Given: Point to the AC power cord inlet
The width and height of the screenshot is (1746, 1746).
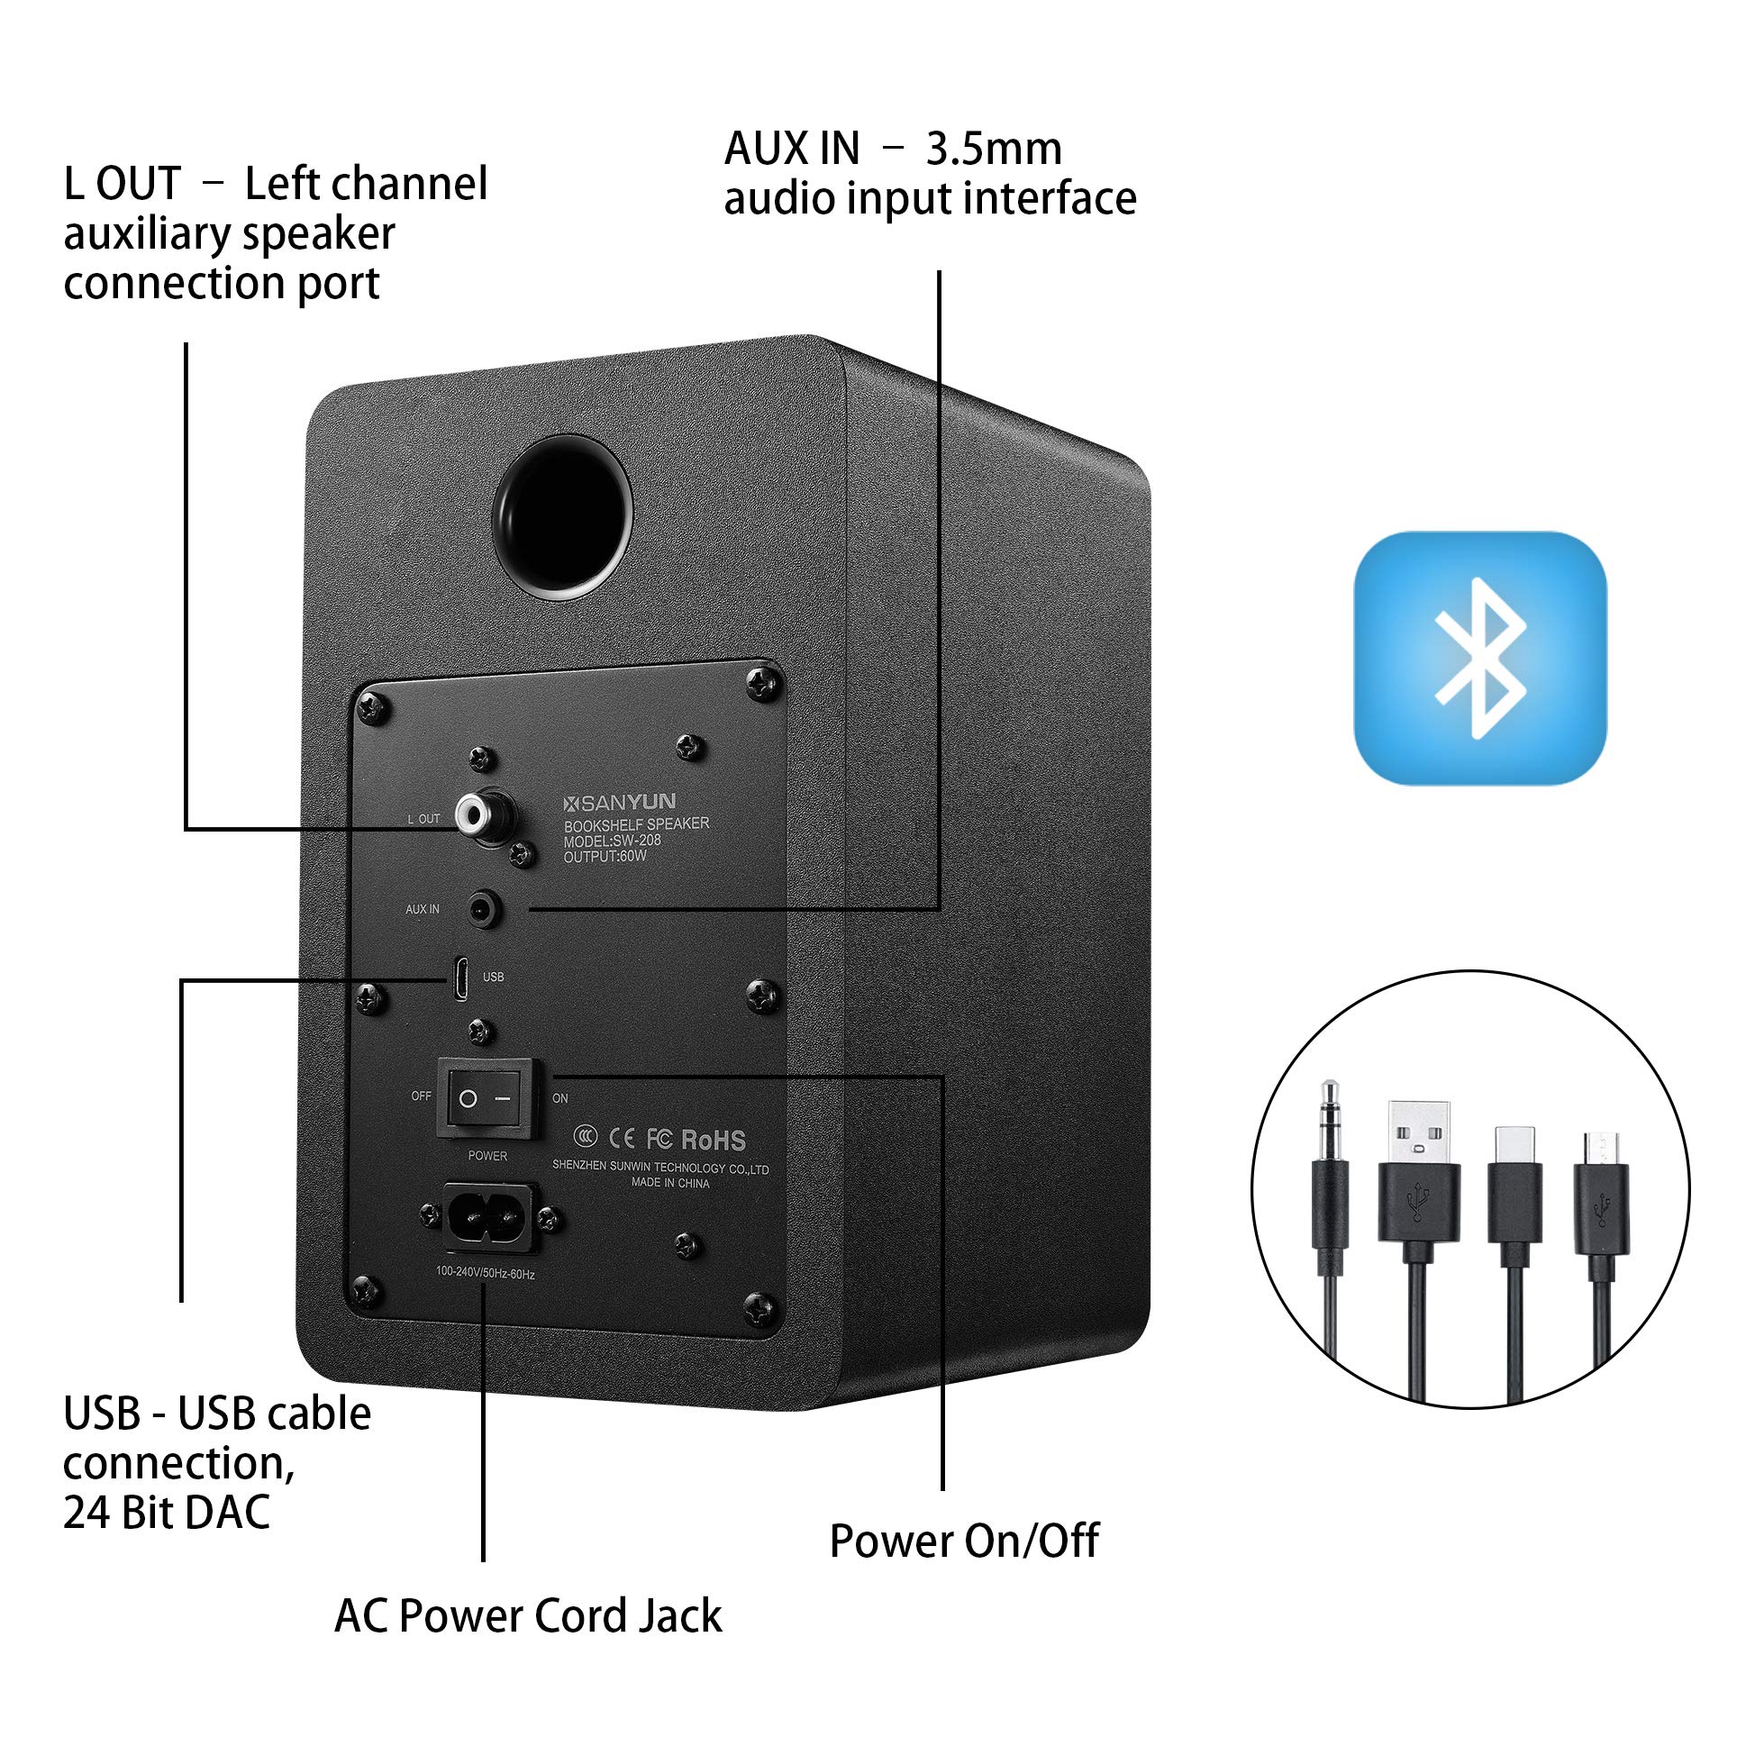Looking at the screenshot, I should point(489,1218).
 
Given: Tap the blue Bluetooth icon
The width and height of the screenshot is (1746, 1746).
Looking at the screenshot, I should point(1479,658).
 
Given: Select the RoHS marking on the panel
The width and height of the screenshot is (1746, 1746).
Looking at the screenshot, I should point(713,1140).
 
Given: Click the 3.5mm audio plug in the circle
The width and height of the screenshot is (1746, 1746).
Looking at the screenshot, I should point(1330,1175).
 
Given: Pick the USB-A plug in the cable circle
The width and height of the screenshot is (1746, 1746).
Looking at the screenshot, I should point(1418,1175).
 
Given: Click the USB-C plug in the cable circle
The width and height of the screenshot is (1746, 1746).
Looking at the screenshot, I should point(1514,1184).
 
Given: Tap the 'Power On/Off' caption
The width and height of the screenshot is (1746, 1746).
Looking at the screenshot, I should point(963,1541).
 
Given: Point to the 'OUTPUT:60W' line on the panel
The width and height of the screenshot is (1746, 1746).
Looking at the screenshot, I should point(605,856).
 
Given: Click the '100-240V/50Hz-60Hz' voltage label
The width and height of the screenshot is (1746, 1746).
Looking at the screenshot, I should point(486,1273).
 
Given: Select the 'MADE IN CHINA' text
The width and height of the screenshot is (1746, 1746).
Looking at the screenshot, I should point(669,1183).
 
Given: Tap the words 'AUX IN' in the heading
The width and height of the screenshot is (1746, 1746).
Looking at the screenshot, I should point(792,150).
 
